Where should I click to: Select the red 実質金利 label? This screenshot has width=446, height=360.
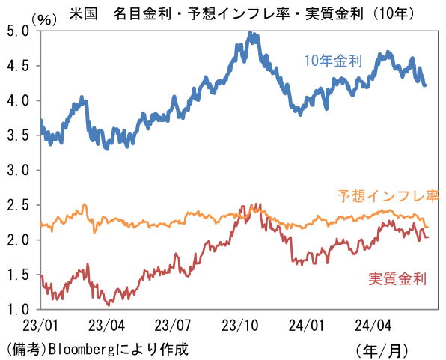point(397,279)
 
